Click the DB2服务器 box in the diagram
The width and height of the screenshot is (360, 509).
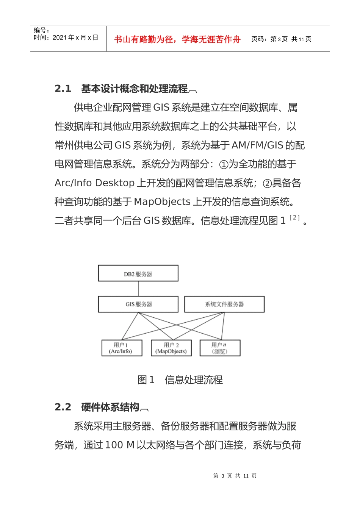tap(138, 273)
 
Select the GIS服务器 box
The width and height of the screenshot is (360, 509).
tap(138, 304)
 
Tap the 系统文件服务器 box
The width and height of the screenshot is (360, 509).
tap(224, 304)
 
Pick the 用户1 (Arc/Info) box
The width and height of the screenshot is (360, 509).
tap(122, 348)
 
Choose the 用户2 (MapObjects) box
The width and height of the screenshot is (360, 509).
tap(171, 348)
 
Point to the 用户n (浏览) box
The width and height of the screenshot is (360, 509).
tap(220, 348)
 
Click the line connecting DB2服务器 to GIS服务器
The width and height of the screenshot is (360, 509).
tap(138, 289)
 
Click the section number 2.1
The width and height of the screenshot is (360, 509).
tap(63, 89)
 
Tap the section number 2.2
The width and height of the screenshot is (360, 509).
tap(63, 407)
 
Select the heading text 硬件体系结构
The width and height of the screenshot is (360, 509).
tap(110, 407)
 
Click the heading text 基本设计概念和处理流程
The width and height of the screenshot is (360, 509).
tap(135, 89)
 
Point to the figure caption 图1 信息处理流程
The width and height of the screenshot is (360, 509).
tap(180, 380)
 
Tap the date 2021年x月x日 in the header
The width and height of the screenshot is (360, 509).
tap(75, 37)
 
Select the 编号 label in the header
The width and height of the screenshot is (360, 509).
tap(41, 30)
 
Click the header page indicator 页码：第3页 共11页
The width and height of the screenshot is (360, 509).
tap(282, 39)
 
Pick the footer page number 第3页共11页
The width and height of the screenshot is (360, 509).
tap(235, 476)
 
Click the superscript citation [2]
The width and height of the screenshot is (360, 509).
tap(294, 217)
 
